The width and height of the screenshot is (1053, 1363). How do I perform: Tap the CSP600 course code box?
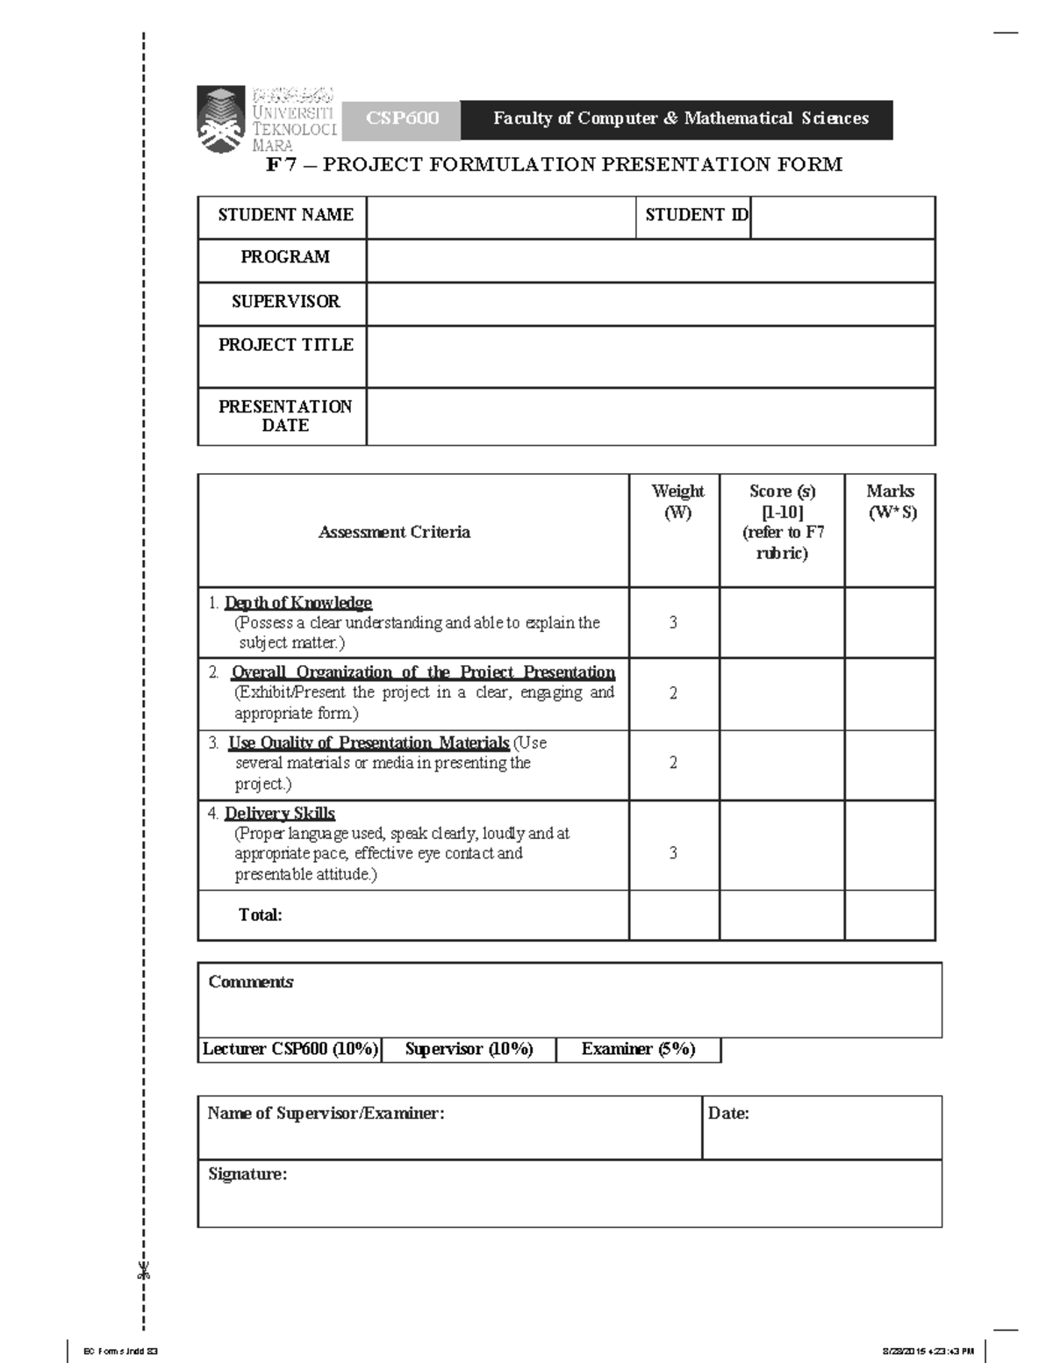[x=402, y=119]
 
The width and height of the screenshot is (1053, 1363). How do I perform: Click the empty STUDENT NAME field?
[x=501, y=217]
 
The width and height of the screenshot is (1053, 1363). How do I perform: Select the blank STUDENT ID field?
[x=842, y=217]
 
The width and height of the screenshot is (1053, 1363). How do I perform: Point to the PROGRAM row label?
[x=285, y=257]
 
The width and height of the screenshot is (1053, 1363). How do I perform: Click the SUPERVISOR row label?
[x=285, y=302]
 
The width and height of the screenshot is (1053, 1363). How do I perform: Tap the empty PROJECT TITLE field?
[x=650, y=356]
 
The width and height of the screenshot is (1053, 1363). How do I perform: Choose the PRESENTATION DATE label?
[x=285, y=416]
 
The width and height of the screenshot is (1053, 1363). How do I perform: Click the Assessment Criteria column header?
[x=394, y=532]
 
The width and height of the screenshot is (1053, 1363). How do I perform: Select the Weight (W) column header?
[x=677, y=502]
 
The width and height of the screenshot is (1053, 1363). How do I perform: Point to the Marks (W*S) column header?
[x=891, y=502]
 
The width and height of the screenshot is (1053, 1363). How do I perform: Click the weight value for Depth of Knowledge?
[x=673, y=622]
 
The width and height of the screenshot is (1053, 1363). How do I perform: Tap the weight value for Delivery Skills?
[x=673, y=852]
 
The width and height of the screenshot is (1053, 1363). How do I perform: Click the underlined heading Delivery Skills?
[x=280, y=814]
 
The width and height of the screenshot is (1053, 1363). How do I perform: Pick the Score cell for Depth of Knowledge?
[x=781, y=622]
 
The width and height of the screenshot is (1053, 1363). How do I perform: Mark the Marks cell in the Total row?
[x=890, y=915]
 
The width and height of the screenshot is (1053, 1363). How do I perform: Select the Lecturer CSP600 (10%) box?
[x=290, y=1050]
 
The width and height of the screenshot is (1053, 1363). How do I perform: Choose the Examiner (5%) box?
[x=638, y=1050]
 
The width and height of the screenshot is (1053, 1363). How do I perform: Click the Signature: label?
[x=247, y=1174]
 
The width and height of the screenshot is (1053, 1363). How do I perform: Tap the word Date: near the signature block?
[x=728, y=1114]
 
